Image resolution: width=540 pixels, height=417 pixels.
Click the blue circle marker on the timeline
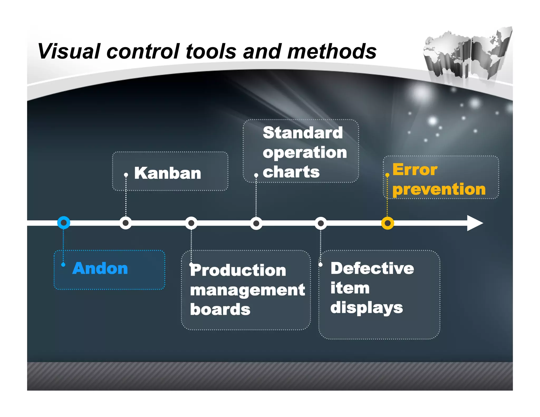(64, 223)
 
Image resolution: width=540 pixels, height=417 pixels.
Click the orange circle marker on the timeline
(387, 223)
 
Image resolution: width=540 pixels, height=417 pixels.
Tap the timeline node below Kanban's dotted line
(126, 223)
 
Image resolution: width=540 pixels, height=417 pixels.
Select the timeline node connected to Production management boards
(191, 223)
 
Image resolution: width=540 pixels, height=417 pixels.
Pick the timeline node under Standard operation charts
(256, 223)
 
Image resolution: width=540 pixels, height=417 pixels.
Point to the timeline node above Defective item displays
(321, 223)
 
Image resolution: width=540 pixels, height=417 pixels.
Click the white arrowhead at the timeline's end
(474, 223)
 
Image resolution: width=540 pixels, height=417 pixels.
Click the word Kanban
(168, 173)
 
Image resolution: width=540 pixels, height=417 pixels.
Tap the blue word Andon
(100, 268)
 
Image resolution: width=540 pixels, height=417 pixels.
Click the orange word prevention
(439, 189)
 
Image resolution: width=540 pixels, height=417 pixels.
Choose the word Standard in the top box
(303, 133)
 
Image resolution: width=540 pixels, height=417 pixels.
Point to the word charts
(291, 172)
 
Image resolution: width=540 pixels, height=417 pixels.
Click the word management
(247, 290)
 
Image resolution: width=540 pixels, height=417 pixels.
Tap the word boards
(220, 309)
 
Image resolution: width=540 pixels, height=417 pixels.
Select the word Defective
(372, 268)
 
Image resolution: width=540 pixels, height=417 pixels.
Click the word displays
(367, 308)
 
